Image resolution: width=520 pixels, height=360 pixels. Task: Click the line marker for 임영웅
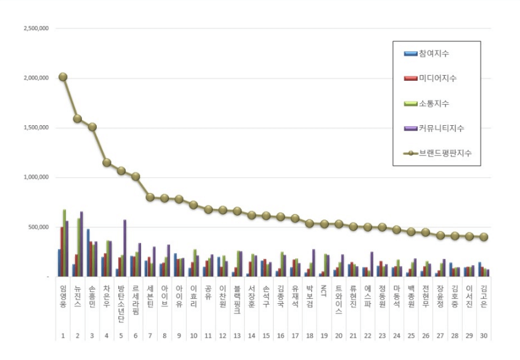click(63, 76)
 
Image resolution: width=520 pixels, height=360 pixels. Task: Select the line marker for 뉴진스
click(78, 118)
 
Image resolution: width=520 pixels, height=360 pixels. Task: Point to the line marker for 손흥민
click(92, 126)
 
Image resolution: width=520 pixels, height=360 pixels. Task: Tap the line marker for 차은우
click(107, 162)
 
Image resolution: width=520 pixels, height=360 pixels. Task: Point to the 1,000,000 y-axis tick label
click(36, 178)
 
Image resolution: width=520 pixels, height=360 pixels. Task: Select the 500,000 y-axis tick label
click(38, 227)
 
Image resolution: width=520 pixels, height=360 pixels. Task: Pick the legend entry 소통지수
click(434, 104)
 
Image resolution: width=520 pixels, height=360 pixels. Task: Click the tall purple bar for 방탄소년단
click(124, 247)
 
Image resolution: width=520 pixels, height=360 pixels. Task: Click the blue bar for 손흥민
click(88, 253)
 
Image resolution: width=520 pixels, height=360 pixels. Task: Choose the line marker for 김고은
click(484, 237)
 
